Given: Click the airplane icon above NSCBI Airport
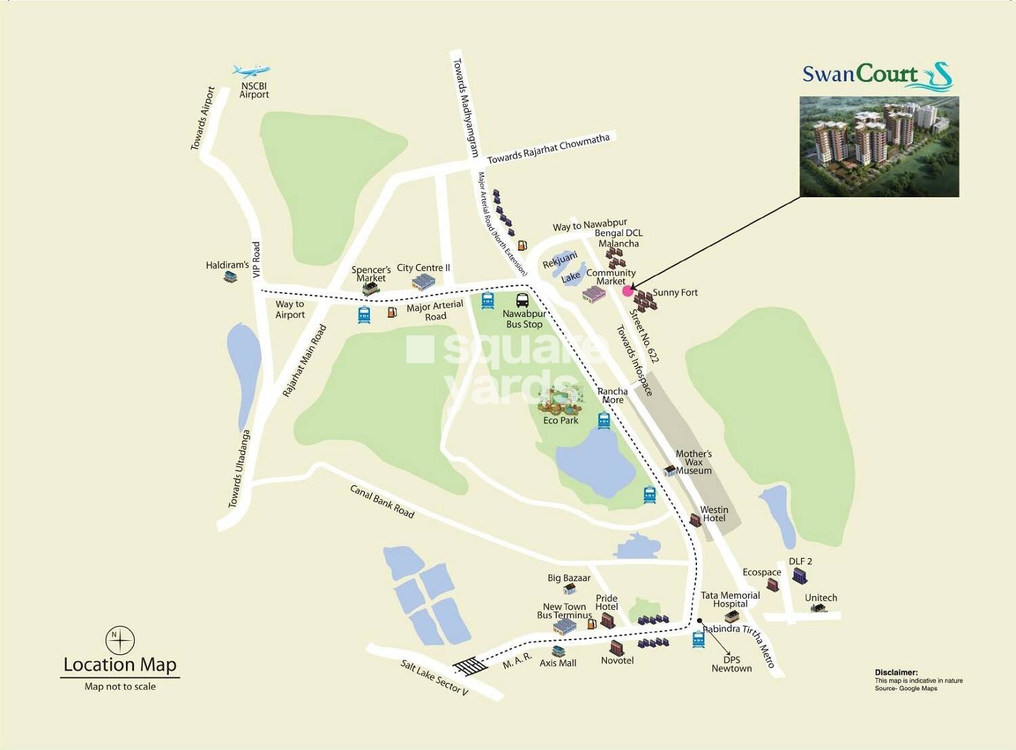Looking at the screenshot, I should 251,70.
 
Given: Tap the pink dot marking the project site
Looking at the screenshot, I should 627,291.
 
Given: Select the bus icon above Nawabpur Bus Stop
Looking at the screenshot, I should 523,300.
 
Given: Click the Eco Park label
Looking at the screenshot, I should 561,421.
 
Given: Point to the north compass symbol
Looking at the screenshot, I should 120,640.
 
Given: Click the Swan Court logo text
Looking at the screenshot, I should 860,74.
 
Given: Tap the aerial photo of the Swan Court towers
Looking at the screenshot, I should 879,146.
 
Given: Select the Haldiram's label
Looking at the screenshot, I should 227,265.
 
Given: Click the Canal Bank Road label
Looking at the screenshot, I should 382,501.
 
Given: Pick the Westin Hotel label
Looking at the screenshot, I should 714,514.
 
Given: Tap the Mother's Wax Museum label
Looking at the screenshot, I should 694,462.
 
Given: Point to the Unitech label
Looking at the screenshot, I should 821,598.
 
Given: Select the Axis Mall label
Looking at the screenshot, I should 558,663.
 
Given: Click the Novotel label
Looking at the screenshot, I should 617,660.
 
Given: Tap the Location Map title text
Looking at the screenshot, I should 120,665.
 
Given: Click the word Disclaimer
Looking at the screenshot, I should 895,673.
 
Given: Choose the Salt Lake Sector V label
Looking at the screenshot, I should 433,678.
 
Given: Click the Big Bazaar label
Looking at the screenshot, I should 569,578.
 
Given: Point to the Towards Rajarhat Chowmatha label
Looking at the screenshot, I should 549,148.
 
